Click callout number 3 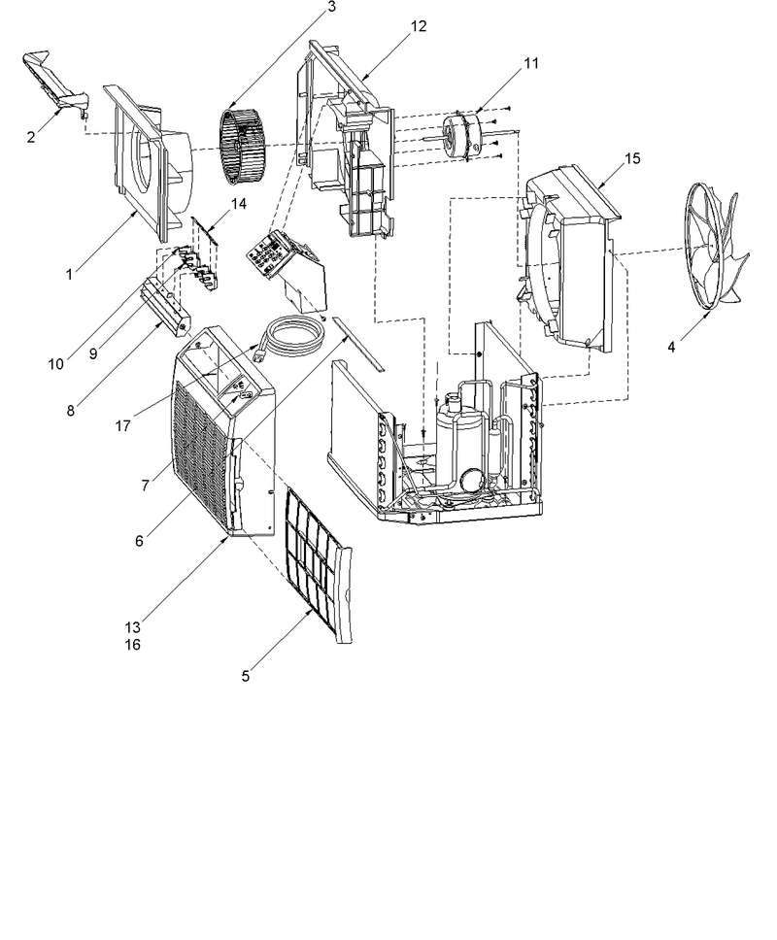click(332, 7)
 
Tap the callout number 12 click(419, 26)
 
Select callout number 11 click(531, 63)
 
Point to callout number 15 click(632, 158)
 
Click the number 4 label click(671, 347)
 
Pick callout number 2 click(31, 137)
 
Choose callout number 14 click(239, 204)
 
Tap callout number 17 click(123, 426)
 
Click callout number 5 click(245, 676)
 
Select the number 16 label click(132, 645)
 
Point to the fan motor click(461, 137)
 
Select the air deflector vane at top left click(55, 83)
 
